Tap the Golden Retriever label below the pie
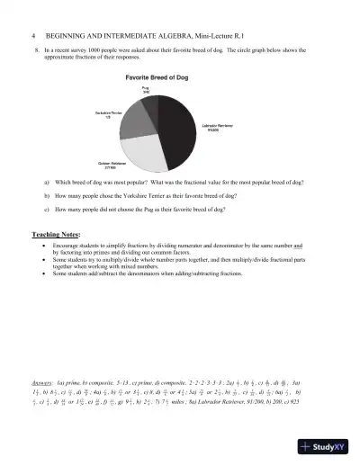point(112,165)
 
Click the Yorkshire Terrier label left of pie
point(110,113)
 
